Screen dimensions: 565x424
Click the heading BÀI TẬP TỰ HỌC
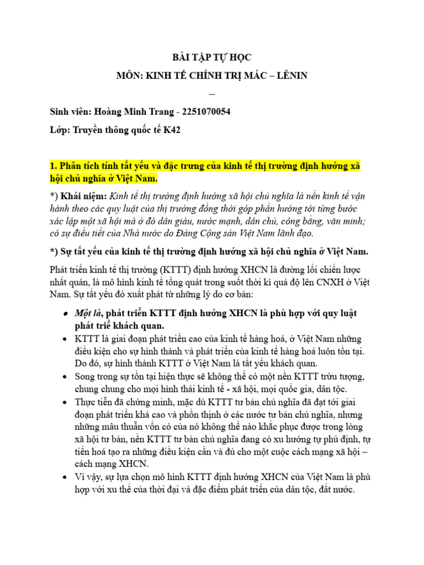[211, 57]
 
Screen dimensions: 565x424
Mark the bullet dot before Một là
[65, 313]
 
